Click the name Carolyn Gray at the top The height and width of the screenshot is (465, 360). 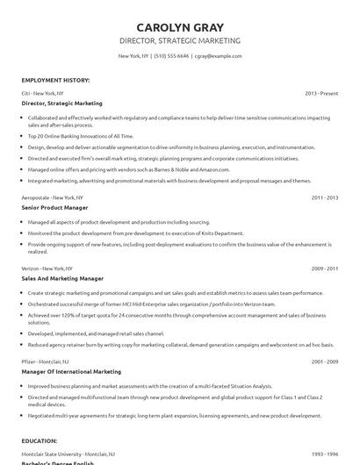pyautogui.click(x=179, y=25)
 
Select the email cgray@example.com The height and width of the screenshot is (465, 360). pyautogui.click(x=218, y=55)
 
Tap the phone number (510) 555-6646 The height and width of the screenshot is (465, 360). pyautogui.click(x=170, y=55)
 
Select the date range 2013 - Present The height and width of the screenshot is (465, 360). pyautogui.click(x=321, y=92)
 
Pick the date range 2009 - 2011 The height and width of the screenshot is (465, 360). pyautogui.click(x=324, y=268)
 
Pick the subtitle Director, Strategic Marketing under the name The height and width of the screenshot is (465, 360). pyautogui.click(x=179, y=40)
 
